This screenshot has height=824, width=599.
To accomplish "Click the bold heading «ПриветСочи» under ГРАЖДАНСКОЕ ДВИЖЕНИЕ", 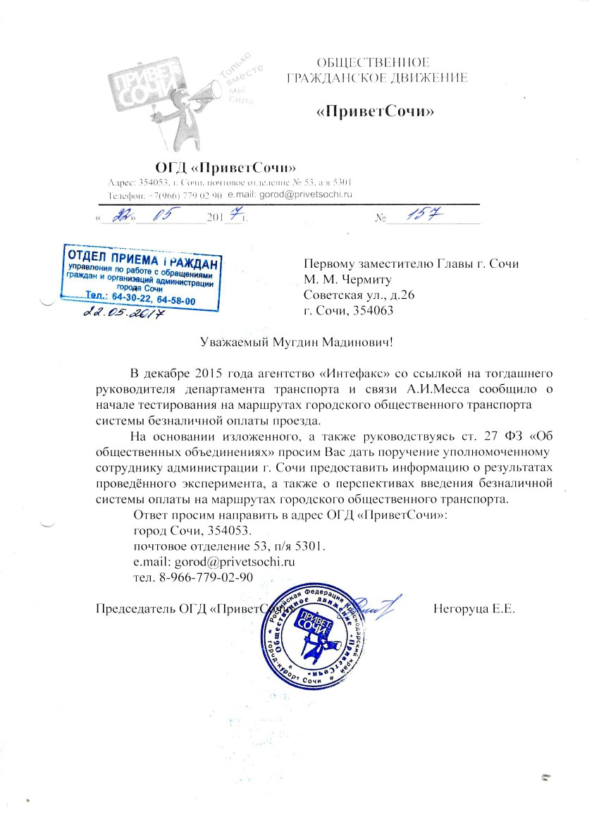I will tap(374, 112).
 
